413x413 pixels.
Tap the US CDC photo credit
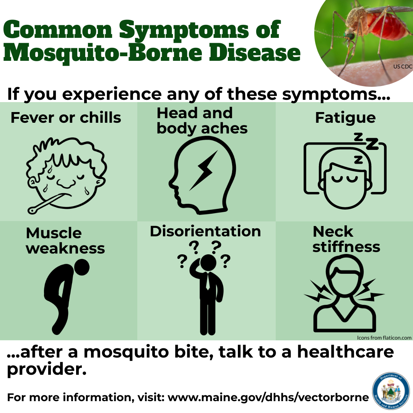403,67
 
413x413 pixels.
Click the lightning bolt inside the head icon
204,171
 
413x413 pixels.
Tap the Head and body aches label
202,120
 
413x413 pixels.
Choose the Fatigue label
345,118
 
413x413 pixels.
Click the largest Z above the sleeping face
372,144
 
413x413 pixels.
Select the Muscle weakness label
65,241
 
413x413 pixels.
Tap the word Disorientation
205,231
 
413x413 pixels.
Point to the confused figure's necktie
208,281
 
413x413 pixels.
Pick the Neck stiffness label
346,239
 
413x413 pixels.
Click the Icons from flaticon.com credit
384,338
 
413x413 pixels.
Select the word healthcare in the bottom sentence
346,352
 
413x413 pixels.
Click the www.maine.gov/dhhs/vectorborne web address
268,397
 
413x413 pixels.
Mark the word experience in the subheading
112,94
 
